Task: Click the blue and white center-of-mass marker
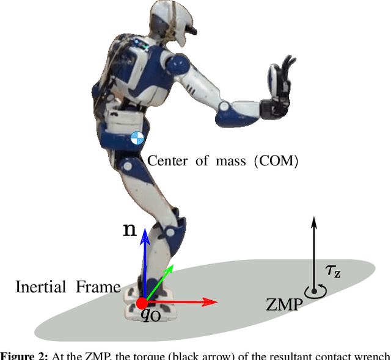(138, 137)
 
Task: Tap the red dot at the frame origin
(142, 302)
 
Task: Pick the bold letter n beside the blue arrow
(130, 230)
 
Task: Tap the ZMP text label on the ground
(284, 303)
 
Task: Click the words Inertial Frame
(68, 286)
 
